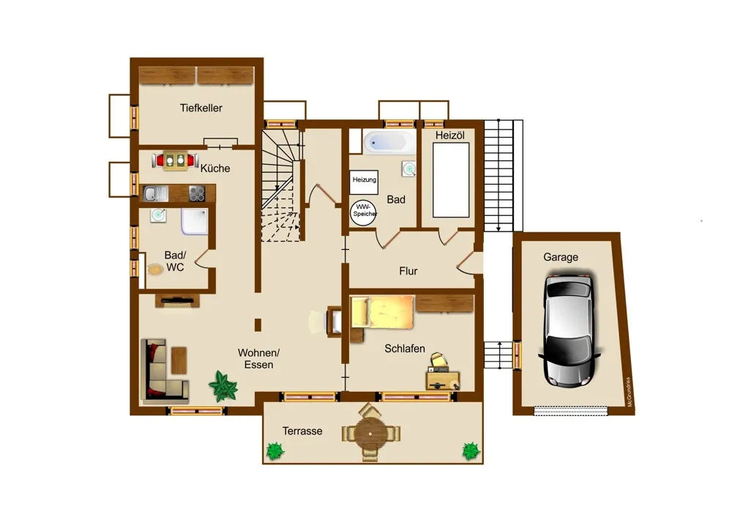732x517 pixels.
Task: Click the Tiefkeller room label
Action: tap(201, 108)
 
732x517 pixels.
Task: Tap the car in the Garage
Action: tap(569, 330)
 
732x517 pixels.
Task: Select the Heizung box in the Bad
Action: tap(364, 182)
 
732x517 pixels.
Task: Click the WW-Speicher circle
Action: tap(364, 213)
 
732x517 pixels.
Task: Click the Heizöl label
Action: tap(450, 135)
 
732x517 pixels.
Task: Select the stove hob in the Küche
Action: tap(197, 193)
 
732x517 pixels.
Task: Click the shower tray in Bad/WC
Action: tap(194, 221)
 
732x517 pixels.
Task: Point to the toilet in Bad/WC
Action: tap(155, 269)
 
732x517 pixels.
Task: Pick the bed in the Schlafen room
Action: tap(382, 312)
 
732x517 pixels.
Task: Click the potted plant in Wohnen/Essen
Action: tap(223, 386)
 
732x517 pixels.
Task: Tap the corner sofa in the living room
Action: tap(161, 371)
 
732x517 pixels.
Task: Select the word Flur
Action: tap(408, 271)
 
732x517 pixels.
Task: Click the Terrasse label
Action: tap(302, 431)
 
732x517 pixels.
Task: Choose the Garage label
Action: tap(561, 257)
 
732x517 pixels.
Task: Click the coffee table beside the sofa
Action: tap(179, 360)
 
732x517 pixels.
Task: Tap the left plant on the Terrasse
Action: tap(275, 450)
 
